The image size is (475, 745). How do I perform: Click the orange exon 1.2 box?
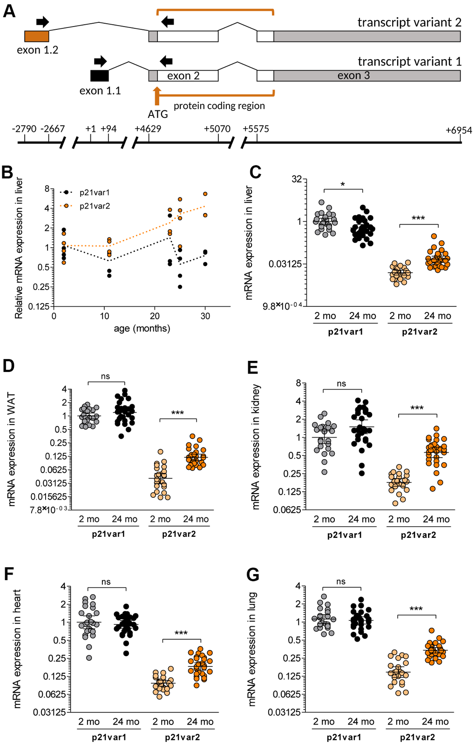[x=36, y=36]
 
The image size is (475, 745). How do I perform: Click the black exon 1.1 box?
[x=99, y=75]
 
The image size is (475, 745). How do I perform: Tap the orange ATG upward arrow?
[x=157, y=95]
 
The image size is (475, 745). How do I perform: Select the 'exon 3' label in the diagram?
[x=353, y=75]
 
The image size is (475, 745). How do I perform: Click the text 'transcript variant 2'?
[x=409, y=22]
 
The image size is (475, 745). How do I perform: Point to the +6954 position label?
[x=459, y=130]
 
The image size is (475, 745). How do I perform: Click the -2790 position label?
[x=24, y=129]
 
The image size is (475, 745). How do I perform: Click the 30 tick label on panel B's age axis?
[x=205, y=316]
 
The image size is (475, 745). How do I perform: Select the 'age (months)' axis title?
[x=142, y=328]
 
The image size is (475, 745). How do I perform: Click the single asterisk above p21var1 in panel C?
[x=343, y=185]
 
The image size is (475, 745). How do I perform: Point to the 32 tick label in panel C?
[x=296, y=179]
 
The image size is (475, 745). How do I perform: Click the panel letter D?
[x=9, y=366]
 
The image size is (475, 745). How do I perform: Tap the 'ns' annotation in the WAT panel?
[x=106, y=376]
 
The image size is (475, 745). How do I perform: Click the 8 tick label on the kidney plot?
[x=298, y=383]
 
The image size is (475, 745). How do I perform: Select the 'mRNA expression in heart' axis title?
[x=18, y=649]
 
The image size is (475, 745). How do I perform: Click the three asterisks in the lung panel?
[x=416, y=610]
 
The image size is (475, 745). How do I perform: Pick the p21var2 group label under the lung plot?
[x=417, y=737]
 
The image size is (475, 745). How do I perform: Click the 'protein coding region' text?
[x=219, y=106]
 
